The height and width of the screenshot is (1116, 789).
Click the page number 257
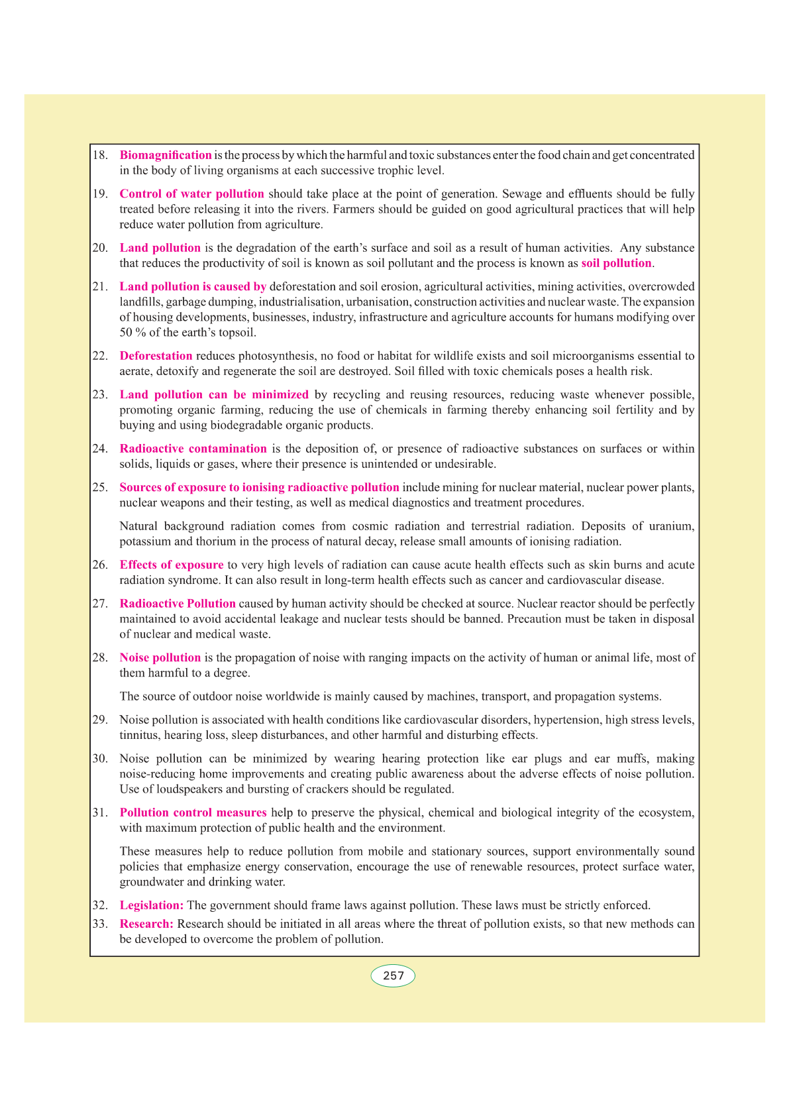pos(393,976)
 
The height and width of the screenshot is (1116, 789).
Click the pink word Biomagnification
pos(166,155)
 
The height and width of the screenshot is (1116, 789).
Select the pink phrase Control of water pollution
pos(191,194)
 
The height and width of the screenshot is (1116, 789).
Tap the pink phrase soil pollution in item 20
pos(616,263)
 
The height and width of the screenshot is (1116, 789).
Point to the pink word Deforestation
pos(156,356)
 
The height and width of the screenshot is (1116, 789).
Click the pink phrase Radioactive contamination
pos(193,449)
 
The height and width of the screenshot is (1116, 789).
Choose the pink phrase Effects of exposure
pos(172,565)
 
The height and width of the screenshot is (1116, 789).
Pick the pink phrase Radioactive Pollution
pos(178,604)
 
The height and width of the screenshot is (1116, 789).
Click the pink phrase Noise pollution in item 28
pos(160,657)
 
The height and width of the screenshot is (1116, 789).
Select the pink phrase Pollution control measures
pos(193,812)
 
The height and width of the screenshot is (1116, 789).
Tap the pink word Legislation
pos(151,905)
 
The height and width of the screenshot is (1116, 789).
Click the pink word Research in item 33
pos(146,924)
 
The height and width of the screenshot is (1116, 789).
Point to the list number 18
pos(100,155)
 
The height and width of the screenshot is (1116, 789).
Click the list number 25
pos(100,487)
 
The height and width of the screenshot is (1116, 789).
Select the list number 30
pos(100,758)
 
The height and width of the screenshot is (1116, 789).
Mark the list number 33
pos(100,924)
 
